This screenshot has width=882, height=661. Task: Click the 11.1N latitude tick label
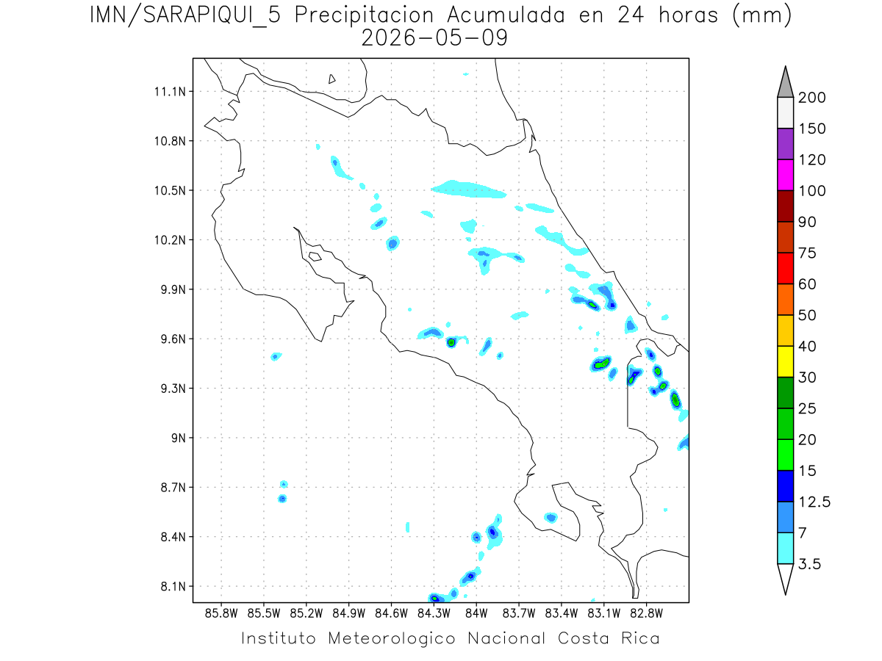[170, 92]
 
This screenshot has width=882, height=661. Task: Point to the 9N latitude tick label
[179, 438]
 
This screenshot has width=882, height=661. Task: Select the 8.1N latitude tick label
[173, 586]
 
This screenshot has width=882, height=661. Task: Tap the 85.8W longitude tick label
[221, 614]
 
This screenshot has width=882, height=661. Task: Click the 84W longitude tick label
[476, 614]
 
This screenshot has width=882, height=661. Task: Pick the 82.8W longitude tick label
[646, 614]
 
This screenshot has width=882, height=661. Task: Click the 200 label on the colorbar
[811, 98]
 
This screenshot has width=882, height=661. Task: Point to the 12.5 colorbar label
[814, 502]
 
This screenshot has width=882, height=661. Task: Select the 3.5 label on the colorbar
[809, 564]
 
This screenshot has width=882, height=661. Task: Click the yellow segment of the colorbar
[786, 361]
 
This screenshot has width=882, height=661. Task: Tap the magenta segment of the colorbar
[786, 175]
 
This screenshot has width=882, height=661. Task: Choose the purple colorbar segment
[786, 144]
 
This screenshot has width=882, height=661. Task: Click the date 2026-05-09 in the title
[434, 38]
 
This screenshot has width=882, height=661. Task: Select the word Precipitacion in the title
[364, 15]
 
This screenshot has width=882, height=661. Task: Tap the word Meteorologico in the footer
[392, 638]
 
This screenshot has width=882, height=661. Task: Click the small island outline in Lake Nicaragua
[331, 79]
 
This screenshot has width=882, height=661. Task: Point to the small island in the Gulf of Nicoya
[315, 256]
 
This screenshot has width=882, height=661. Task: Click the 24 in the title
[631, 15]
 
